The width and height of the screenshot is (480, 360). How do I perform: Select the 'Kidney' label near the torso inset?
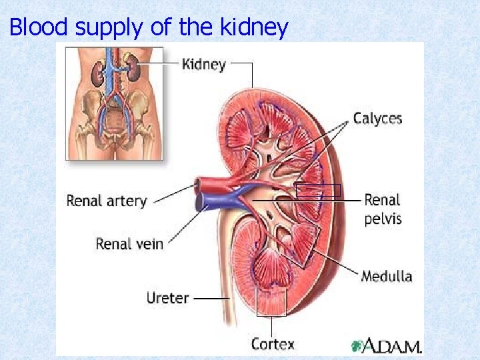pyautogui.click(x=204, y=65)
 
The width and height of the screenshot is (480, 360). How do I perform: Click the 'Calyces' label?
pyautogui.click(x=377, y=119)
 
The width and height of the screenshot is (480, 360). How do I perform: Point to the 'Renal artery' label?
pyautogui.click(x=107, y=201)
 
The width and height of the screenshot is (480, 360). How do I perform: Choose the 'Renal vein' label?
pyautogui.click(x=129, y=243)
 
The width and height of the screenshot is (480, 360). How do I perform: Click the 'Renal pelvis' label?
pyautogui.click(x=383, y=209)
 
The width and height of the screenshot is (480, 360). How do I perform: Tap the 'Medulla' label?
pyautogui.click(x=387, y=275)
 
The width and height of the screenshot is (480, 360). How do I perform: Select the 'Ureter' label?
pyautogui.click(x=167, y=298)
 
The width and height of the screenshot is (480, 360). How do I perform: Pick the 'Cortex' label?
pyautogui.click(x=273, y=344)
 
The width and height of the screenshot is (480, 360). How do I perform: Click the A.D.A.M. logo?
pyautogui.click(x=387, y=347)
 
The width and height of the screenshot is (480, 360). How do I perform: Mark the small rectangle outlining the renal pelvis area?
pyautogui.click(x=318, y=190)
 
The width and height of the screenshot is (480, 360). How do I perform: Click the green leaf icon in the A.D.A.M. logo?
pyautogui.click(x=358, y=346)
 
